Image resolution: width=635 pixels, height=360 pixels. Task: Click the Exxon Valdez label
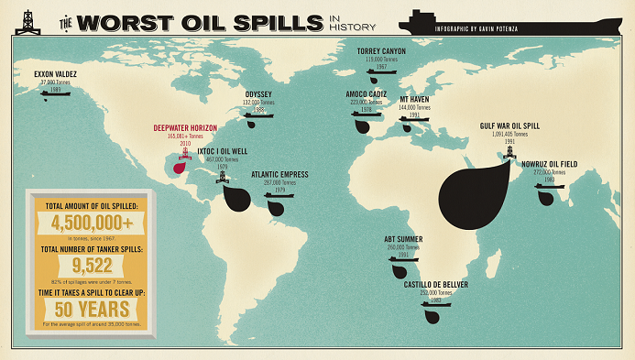coord(54,72)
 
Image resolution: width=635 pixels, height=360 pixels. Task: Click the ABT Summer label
coord(403,239)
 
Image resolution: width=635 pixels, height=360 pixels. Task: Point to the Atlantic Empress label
coord(279,174)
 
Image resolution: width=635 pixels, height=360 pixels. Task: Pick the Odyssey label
coord(258,93)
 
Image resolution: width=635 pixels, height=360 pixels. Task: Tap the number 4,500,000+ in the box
coord(93,224)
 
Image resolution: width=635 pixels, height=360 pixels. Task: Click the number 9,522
coord(92,266)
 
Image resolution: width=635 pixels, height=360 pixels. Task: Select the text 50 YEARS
coord(92,308)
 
